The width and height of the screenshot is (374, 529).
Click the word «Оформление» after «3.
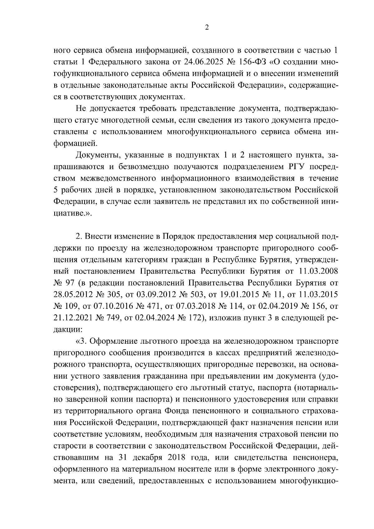pos(113,341)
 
